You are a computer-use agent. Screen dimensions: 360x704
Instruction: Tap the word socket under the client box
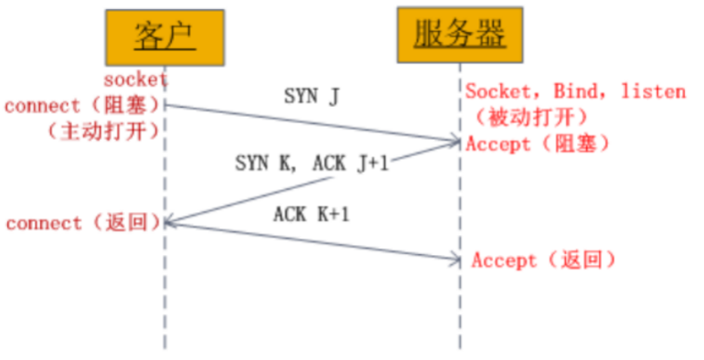click(x=135, y=79)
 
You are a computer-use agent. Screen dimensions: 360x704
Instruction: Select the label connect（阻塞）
click(x=82, y=106)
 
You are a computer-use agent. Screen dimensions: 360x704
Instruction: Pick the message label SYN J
click(x=312, y=95)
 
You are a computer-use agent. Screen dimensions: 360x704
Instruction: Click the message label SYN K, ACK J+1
click(x=312, y=164)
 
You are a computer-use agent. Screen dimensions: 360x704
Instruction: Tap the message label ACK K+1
click(x=312, y=215)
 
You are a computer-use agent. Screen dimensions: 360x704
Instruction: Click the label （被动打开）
click(x=531, y=117)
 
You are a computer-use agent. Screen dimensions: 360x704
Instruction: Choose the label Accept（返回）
click(x=543, y=261)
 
